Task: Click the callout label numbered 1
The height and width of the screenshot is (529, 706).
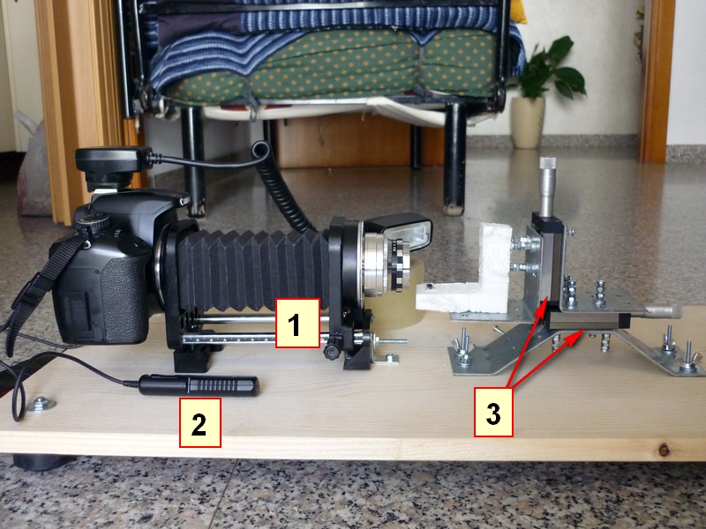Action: coord(297,323)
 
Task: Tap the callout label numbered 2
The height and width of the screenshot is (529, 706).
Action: coord(200,422)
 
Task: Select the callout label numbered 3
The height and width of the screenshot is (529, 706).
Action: coord(493,412)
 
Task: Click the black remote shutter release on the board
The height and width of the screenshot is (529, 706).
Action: coord(199,385)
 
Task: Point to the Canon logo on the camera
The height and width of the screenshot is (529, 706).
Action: coord(184,201)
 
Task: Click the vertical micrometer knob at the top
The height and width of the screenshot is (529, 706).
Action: coord(547,186)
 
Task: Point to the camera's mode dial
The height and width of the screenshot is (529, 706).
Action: coord(93,223)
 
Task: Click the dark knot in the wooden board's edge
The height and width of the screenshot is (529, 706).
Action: coord(664,449)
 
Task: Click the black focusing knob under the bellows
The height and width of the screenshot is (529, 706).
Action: coord(333,351)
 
